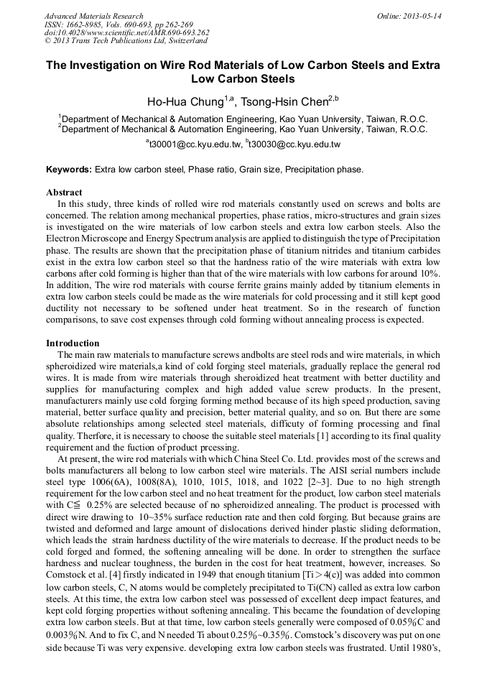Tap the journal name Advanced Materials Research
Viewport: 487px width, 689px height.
click(x=93, y=15)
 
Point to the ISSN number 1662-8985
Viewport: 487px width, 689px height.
click(x=90, y=24)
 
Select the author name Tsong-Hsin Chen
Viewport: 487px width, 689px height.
click(x=289, y=101)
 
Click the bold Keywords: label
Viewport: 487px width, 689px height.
click(x=69, y=170)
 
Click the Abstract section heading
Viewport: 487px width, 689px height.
click(x=64, y=193)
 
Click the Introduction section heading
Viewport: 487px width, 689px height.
click(x=73, y=343)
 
